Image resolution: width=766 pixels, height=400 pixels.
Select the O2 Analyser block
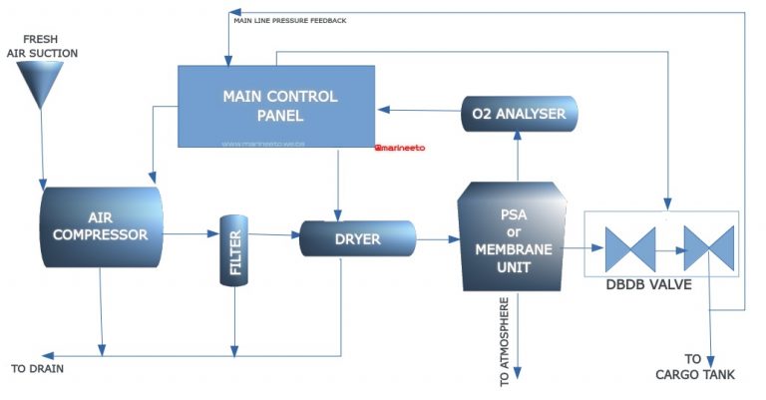[518, 114]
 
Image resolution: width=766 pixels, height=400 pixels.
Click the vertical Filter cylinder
[234, 249]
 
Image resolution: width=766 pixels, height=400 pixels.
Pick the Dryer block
[357, 239]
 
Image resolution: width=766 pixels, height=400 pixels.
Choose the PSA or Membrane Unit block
[511, 236]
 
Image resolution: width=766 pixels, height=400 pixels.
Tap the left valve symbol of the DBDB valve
[629, 248]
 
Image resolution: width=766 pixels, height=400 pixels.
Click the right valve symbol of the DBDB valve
[708, 248]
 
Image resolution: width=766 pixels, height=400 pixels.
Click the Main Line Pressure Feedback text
[289, 20]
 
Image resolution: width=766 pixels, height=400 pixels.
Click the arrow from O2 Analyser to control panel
[419, 110]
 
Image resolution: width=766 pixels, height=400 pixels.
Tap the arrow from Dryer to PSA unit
[436, 239]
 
